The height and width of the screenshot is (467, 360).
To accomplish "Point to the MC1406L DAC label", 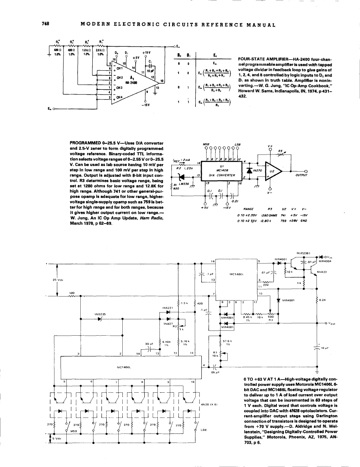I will [122, 364].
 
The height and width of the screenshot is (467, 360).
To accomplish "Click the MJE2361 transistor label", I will [303, 253].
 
